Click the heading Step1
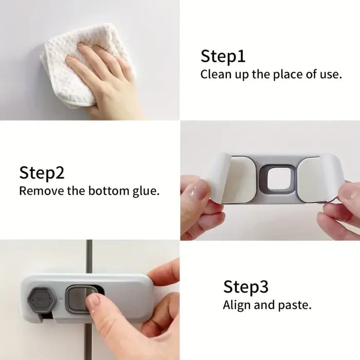(223, 56)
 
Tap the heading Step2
(42, 173)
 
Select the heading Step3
(246, 287)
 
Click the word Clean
(216, 75)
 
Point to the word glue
(146, 191)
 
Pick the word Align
(237, 305)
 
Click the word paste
(295, 306)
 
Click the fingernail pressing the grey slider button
(94, 301)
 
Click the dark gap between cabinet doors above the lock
(89, 257)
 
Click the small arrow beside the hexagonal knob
(61, 300)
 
